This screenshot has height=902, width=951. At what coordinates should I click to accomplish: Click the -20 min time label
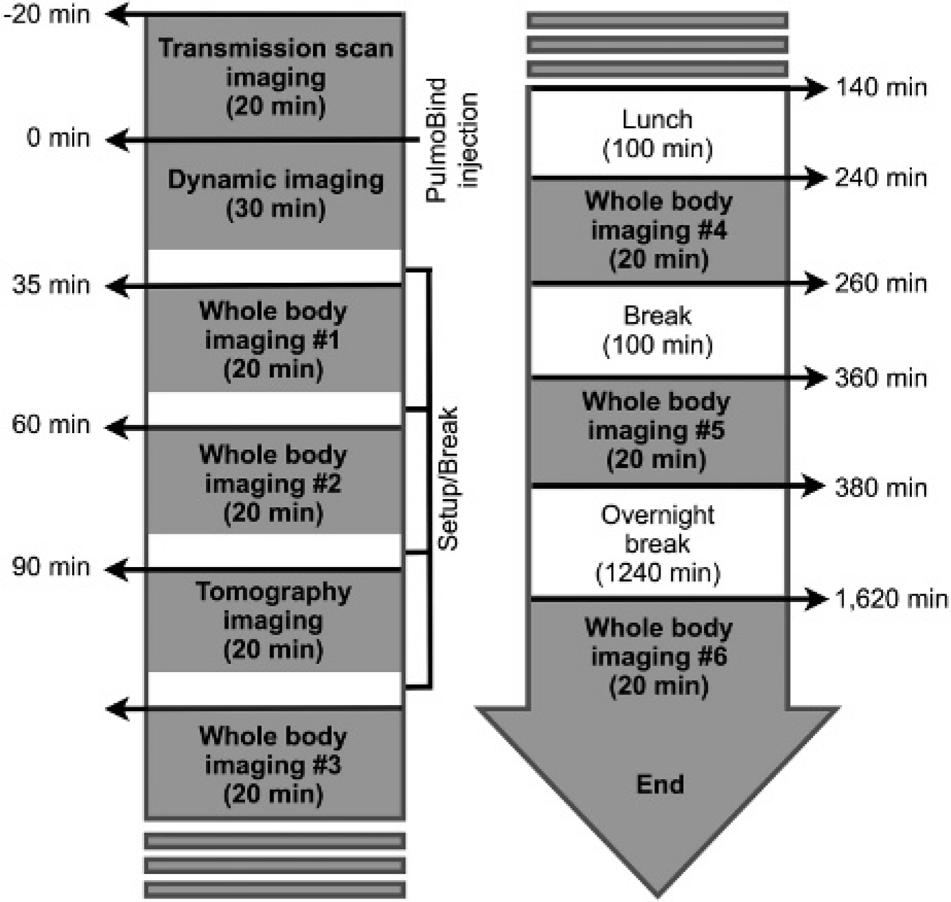(x=47, y=14)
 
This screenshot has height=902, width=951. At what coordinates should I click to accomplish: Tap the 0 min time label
(x=58, y=138)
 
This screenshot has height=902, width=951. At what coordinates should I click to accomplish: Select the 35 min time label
(x=51, y=284)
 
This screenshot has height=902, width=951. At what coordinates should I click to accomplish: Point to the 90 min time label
(x=51, y=567)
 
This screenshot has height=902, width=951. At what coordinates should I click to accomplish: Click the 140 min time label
(x=882, y=88)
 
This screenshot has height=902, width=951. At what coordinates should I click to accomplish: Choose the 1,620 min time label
(x=891, y=599)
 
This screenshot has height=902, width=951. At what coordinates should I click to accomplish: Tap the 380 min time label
(x=881, y=487)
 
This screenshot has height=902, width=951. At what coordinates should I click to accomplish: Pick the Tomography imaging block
(x=275, y=621)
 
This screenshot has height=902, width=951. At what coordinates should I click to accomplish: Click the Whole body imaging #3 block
(x=275, y=765)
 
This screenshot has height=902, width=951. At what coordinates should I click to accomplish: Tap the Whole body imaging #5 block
(x=657, y=430)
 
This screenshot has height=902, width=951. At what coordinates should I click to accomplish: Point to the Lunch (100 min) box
(x=657, y=133)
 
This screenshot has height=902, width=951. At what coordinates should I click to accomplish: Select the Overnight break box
(x=657, y=544)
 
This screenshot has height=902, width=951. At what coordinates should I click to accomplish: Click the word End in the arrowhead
(x=660, y=785)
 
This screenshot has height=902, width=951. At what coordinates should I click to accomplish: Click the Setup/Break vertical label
(x=448, y=479)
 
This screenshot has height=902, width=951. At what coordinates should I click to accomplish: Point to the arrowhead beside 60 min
(x=117, y=427)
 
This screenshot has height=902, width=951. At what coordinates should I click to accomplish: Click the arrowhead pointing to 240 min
(x=814, y=178)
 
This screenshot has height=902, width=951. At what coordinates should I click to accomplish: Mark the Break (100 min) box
(x=657, y=331)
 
